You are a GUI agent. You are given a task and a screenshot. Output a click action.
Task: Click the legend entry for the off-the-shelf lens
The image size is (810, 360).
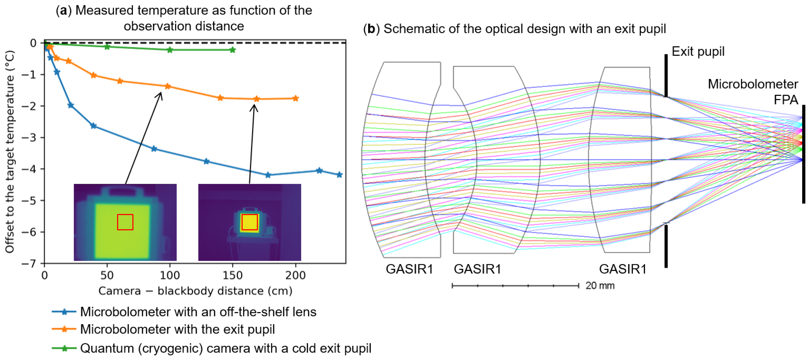(198, 312)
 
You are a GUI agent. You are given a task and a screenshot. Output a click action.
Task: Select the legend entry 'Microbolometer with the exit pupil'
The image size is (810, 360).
(177, 329)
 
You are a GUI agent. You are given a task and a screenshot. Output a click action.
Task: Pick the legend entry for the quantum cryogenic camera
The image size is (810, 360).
(226, 348)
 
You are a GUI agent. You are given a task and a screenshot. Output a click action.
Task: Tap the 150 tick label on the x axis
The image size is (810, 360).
(233, 275)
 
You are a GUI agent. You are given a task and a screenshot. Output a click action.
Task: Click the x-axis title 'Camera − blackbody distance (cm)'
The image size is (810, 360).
(195, 291)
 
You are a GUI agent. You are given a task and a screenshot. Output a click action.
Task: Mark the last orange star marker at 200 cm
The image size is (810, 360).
(296, 98)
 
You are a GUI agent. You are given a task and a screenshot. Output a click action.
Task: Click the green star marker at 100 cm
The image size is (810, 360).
(170, 50)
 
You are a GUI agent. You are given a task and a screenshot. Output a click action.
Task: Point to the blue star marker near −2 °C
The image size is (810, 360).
(71, 105)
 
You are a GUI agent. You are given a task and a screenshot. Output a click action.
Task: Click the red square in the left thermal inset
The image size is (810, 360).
(125, 222)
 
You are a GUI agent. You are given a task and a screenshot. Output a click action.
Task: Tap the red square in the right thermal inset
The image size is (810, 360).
(250, 222)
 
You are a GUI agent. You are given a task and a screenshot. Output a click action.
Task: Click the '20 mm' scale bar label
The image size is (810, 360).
(600, 286)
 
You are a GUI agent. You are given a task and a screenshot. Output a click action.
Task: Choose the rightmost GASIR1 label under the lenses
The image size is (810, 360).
(623, 269)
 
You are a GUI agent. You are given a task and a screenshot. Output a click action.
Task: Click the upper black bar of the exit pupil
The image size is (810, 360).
(666, 75)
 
